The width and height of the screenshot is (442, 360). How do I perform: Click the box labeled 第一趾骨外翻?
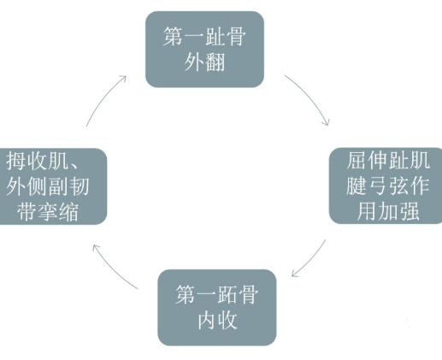click(204, 49)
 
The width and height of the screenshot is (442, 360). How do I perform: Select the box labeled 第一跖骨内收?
click(217, 307)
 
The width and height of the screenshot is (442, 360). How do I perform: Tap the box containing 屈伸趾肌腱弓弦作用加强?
click(386, 186)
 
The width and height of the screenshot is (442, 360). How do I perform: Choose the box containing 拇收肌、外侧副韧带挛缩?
click(53, 186)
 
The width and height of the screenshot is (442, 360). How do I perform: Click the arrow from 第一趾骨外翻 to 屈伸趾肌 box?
click(310, 97)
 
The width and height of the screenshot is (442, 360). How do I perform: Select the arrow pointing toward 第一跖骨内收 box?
click(310, 260)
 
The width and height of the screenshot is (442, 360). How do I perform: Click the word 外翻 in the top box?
click(204, 62)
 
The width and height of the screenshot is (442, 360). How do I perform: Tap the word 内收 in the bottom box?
click(217, 321)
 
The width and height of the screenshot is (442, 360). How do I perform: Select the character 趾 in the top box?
click(215, 37)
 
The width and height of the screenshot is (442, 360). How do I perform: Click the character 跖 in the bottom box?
click(227, 294)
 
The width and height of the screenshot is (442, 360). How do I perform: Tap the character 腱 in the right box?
click(357, 186)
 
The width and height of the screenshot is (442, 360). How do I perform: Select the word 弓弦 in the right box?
click(387, 186)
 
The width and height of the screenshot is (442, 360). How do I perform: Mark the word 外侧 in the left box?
click(27, 186)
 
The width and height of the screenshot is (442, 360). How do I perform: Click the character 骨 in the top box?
click(236, 37)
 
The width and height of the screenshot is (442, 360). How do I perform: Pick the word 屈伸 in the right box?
click(367, 160)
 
